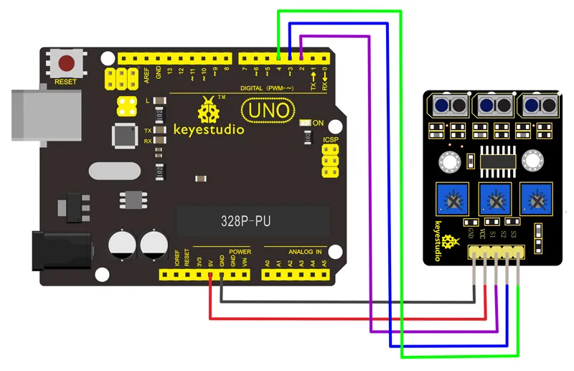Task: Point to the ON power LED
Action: click(x=304, y=123)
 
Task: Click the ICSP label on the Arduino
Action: click(x=331, y=140)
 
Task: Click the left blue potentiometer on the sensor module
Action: click(x=452, y=199)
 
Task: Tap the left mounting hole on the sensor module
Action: click(x=451, y=161)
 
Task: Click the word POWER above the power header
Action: click(x=240, y=253)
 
